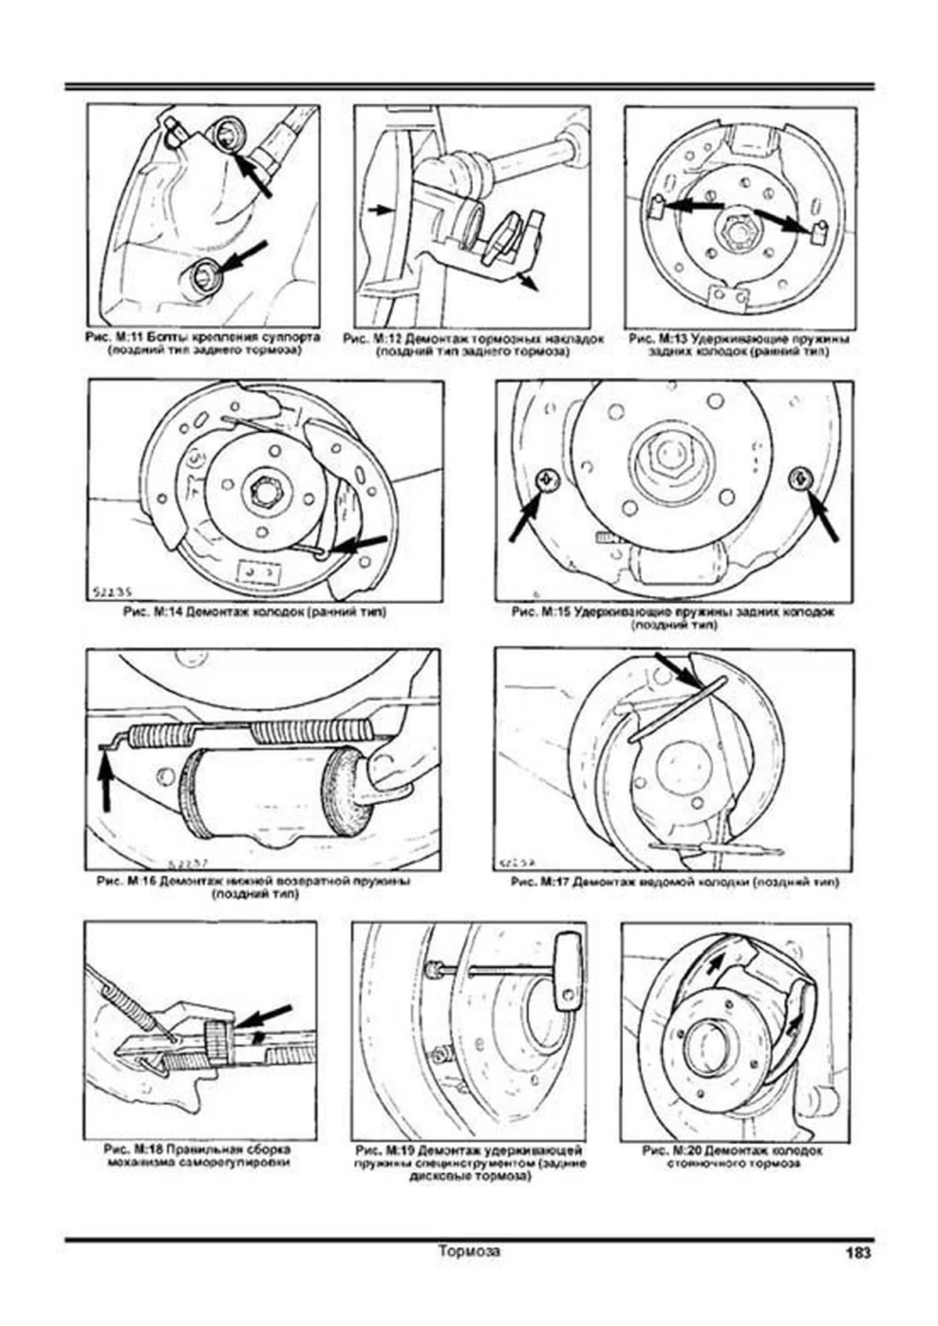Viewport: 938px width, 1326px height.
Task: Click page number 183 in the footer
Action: [857, 1253]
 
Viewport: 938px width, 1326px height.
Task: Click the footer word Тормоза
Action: [469, 1251]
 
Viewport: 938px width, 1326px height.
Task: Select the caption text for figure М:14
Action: [254, 612]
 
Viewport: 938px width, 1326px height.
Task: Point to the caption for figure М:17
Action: [674, 882]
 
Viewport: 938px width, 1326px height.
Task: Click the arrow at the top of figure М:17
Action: [677, 671]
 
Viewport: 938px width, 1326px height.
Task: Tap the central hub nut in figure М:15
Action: [664, 454]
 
